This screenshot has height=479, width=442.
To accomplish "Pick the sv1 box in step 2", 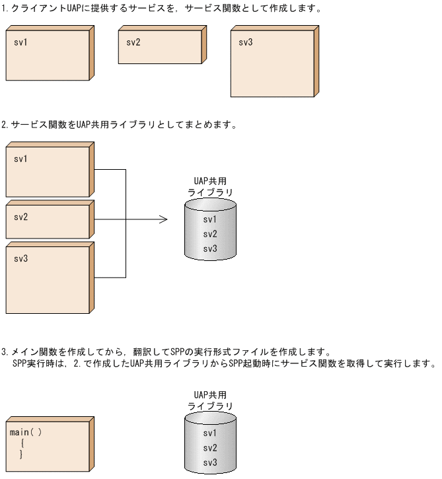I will pyautogui.click(x=48, y=170).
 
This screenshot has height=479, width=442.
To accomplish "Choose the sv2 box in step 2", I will pyautogui.click(x=48, y=221).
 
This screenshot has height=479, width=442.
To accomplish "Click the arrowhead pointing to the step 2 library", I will pyautogui.click(x=163, y=219).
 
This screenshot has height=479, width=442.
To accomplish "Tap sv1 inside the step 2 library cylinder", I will pyautogui.click(x=210, y=219).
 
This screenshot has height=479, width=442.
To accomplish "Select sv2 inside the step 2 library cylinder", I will pyautogui.click(x=210, y=234).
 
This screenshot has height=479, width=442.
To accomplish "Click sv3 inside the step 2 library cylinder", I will pyautogui.click(x=210, y=248).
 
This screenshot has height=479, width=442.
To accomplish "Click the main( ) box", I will pyautogui.click(x=48, y=444).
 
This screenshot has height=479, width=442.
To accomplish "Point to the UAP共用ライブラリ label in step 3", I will pyautogui.click(x=211, y=400).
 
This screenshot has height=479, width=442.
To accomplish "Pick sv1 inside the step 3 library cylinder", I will pyautogui.click(x=210, y=433).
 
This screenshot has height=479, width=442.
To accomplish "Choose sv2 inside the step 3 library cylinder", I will pyautogui.click(x=210, y=448).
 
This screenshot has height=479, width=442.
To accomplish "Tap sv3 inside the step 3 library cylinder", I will pyautogui.click(x=210, y=462).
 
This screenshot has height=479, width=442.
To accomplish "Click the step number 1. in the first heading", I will pyautogui.click(x=5, y=10).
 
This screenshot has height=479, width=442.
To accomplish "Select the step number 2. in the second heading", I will pyautogui.click(x=5, y=124).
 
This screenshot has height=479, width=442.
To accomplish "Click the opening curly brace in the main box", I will pyautogui.click(x=22, y=444).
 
